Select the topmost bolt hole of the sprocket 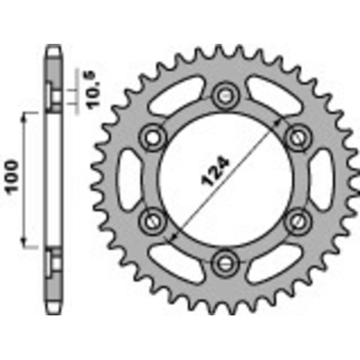[x=225, y=92]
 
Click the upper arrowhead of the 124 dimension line [x=277, y=119]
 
